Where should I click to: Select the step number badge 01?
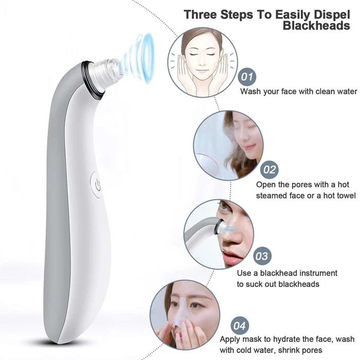point(248,77)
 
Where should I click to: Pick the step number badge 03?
point(262,256)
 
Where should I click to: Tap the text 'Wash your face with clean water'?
point(299,92)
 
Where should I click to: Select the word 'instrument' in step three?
point(313,273)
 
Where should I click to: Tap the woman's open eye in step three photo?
point(225,207)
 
